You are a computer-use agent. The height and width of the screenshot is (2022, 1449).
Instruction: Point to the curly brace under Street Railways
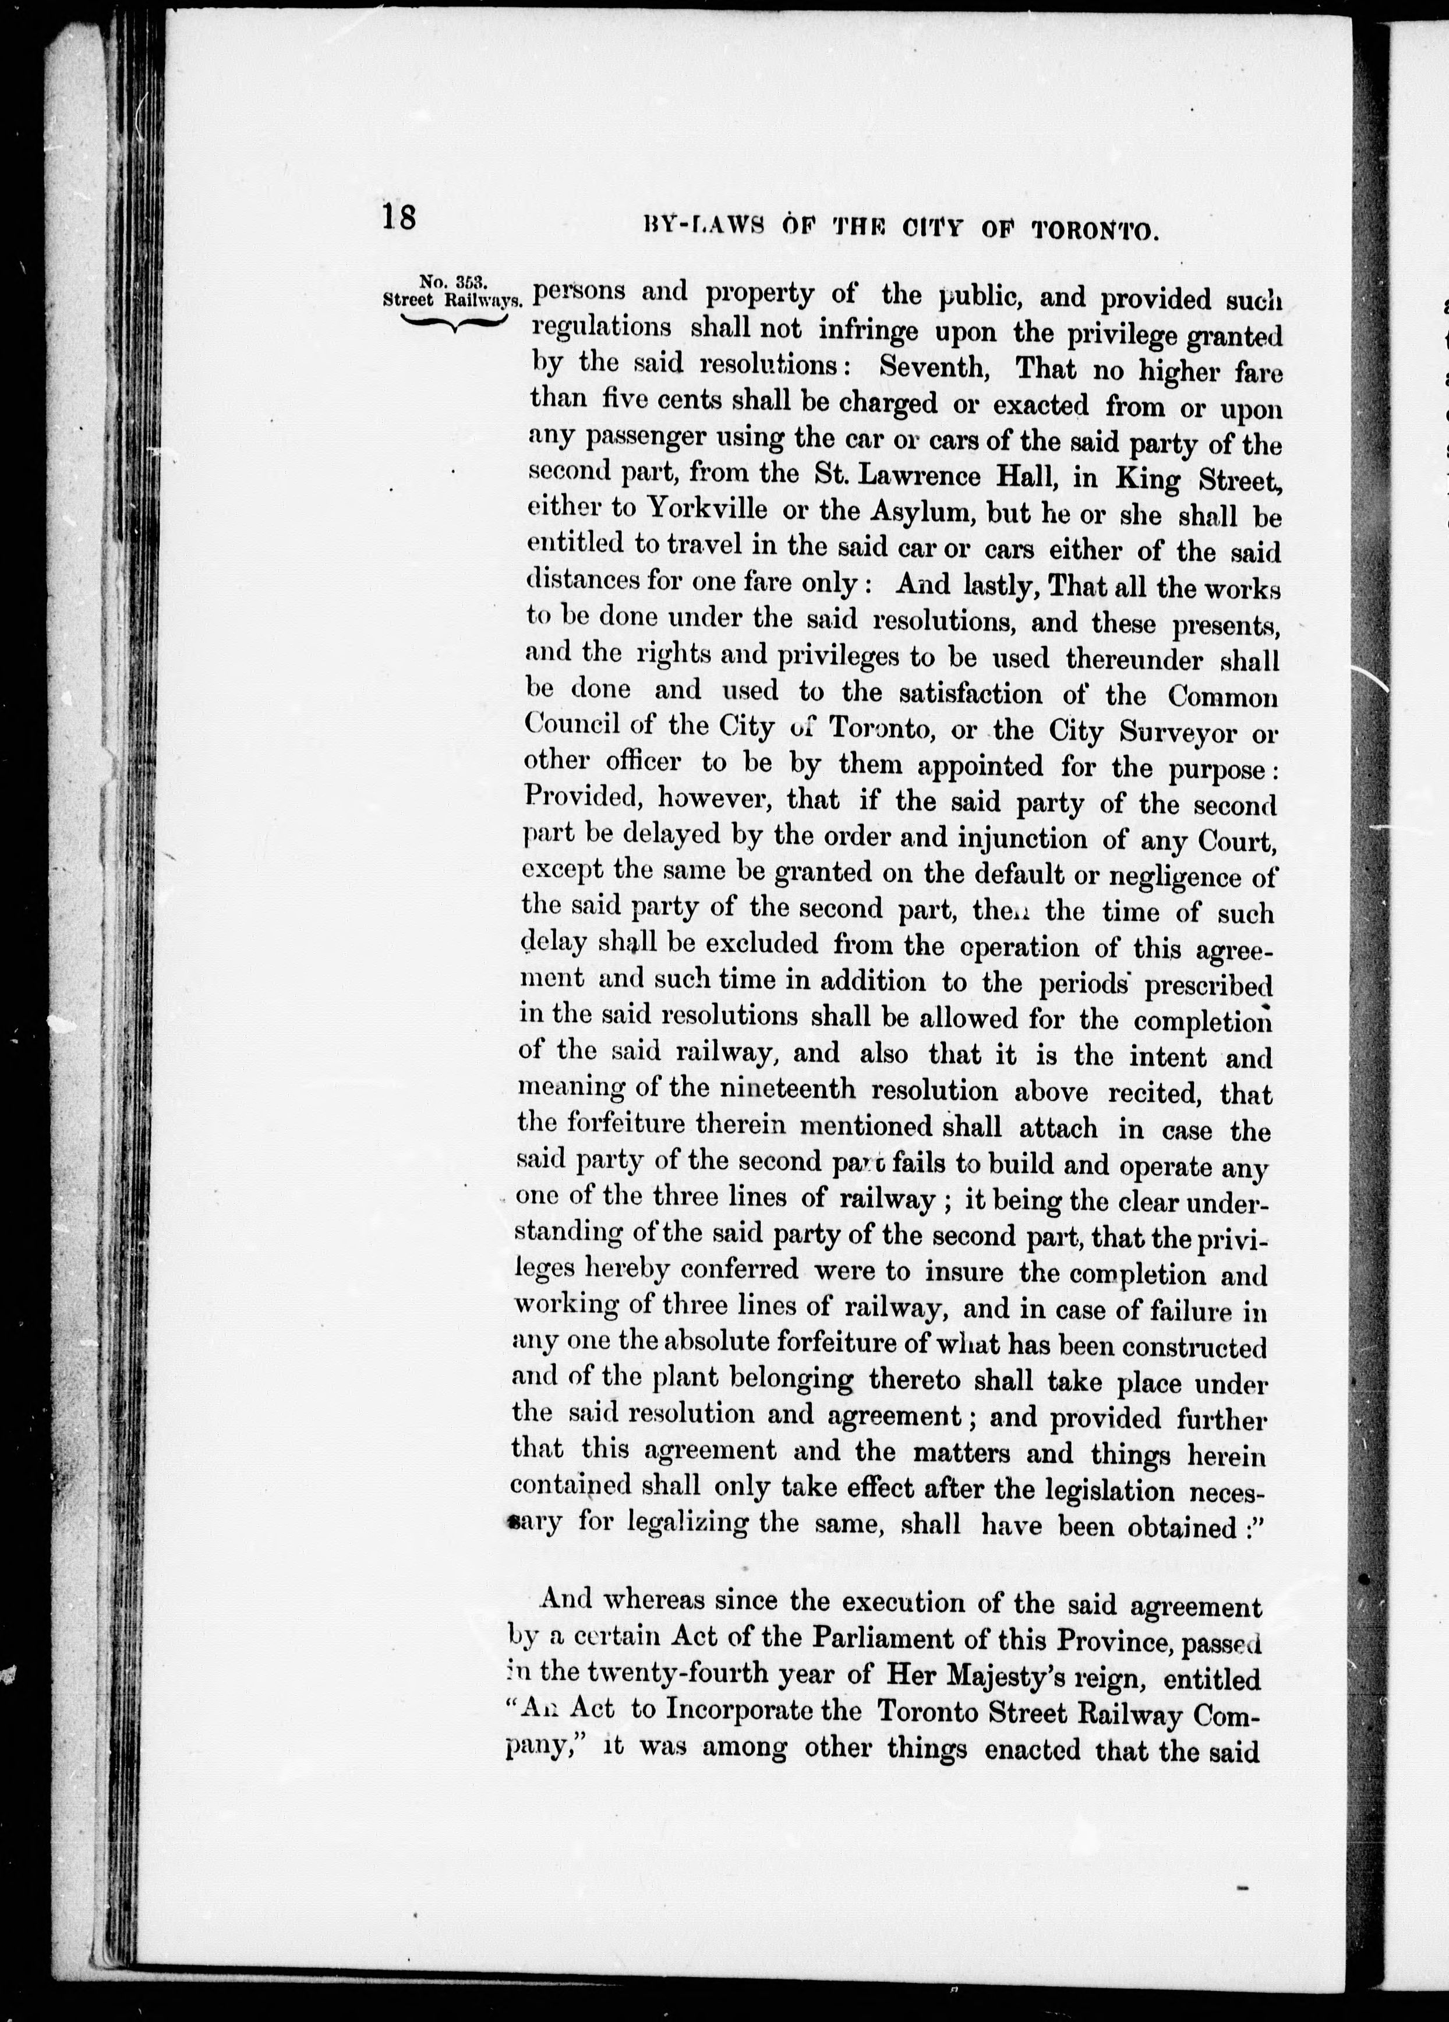tap(453, 323)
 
